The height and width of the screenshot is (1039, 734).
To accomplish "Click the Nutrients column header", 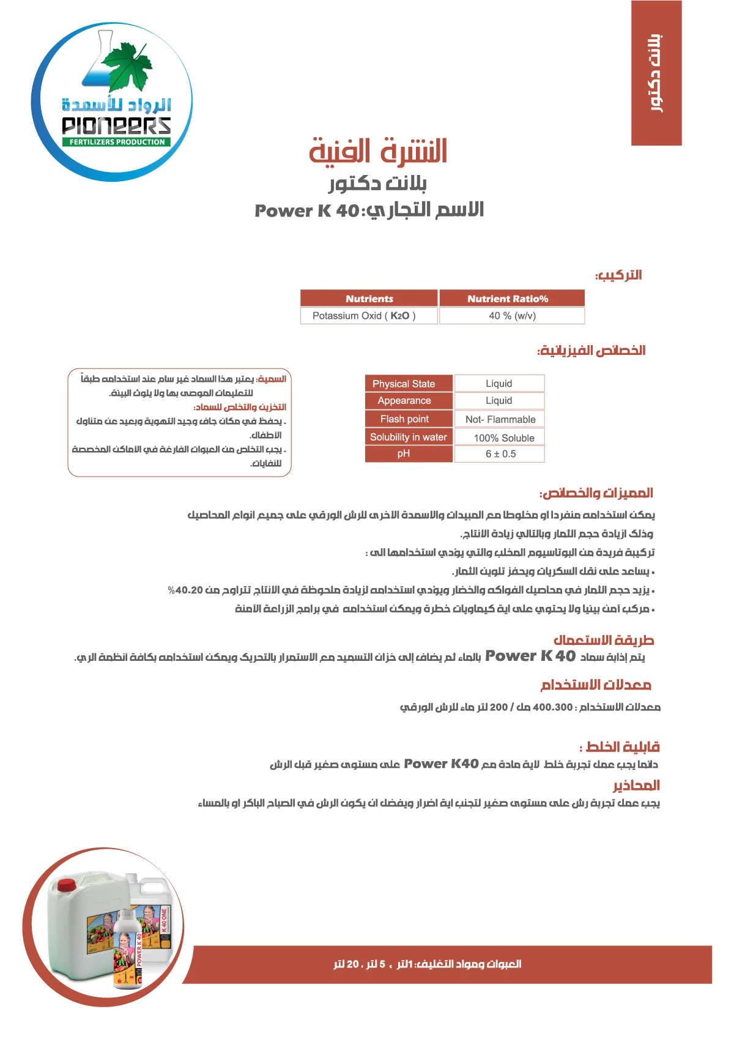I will click(x=369, y=299).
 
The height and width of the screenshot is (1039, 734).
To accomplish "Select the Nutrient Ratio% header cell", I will click(x=511, y=299).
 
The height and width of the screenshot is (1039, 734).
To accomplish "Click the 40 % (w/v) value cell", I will click(x=511, y=316).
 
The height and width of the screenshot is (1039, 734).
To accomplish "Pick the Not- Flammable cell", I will click(x=499, y=419).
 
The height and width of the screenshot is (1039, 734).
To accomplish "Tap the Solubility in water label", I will click(x=409, y=437).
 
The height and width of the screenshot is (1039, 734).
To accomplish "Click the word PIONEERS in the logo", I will click(x=116, y=126).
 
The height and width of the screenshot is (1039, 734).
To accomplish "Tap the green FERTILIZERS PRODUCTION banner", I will click(x=116, y=142).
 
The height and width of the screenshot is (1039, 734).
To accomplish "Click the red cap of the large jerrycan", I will click(x=66, y=884).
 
